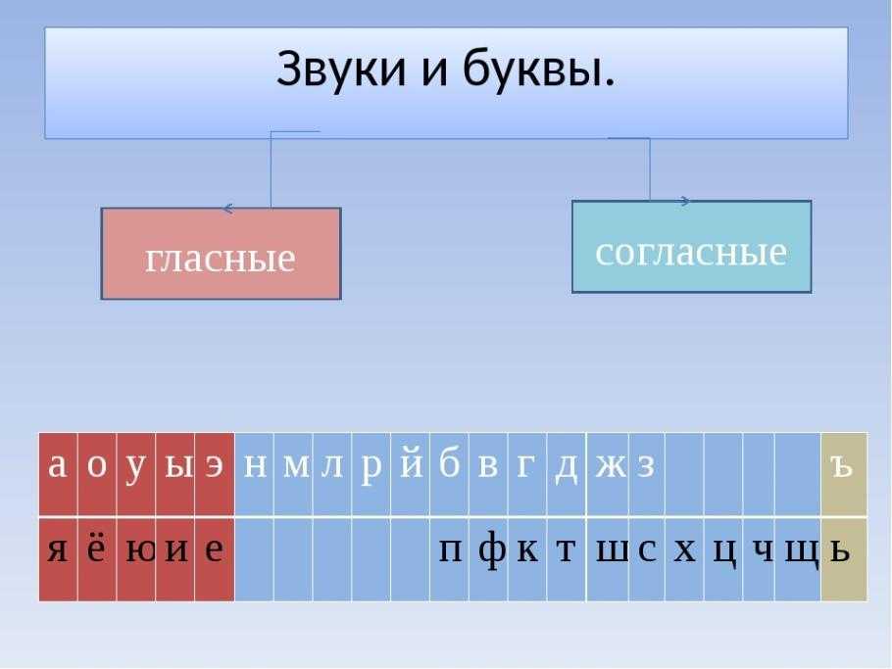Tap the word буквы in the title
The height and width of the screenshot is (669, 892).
tap(538, 69)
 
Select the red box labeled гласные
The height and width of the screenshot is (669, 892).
tap(222, 254)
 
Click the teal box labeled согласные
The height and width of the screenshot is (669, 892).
tap(692, 247)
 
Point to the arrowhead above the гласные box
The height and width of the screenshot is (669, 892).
tap(227, 209)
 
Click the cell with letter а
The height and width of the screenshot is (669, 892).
tap(58, 474)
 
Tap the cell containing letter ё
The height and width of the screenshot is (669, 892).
tap(97, 559)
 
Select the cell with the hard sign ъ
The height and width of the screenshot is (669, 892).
tap(844, 474)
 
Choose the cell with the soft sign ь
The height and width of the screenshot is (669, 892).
tap(844, 559)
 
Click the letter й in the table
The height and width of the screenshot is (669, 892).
tap(411, 464)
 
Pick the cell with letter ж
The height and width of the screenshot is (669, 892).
tap(608, 474)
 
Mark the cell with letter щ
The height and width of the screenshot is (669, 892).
tap(798, 559)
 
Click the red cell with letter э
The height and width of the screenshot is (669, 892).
tap(215, 474)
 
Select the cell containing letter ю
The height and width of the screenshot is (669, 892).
tap(136, 559)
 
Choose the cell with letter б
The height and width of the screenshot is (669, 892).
tap(449, 474)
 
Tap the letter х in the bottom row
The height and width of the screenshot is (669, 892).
tap(684, 550)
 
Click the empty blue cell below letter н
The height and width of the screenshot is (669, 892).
tap(254, 559)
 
